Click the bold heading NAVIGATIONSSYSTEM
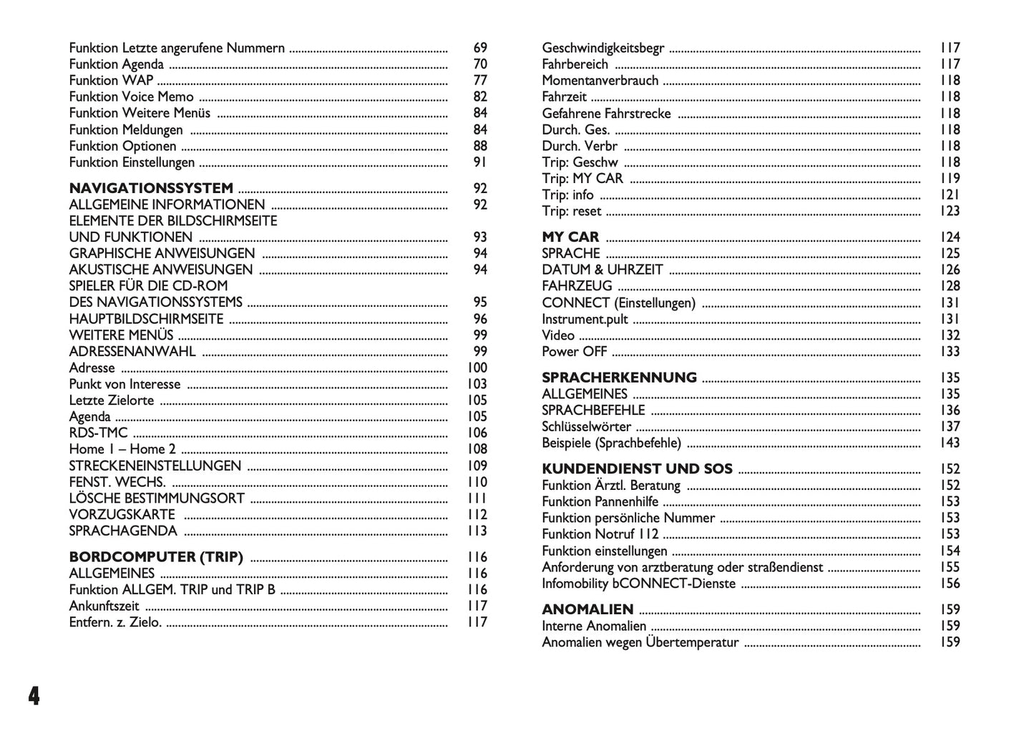pos(151,188)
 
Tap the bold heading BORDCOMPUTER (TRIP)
pos(156,556)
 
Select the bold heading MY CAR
pos(570,237)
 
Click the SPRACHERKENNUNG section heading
pos(619,378)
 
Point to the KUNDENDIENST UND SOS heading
pos(637,469)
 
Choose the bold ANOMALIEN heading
pos(587,609)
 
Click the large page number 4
pos(33,695)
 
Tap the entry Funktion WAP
pos(111,80)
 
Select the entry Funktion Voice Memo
pos(131,97)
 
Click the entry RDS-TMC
pos(98,433)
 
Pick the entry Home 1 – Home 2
pos(122,449)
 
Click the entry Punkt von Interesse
pos(125,384)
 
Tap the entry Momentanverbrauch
pos(600,80)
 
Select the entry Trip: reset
pos(571,211)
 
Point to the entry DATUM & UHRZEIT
pos(602,270)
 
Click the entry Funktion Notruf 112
pos(600,534)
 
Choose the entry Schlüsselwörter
pos(586,427)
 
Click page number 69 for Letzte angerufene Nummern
pos(480,48)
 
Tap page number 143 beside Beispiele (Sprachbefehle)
pos(950,443)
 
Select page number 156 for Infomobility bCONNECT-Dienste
pos(950,584)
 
